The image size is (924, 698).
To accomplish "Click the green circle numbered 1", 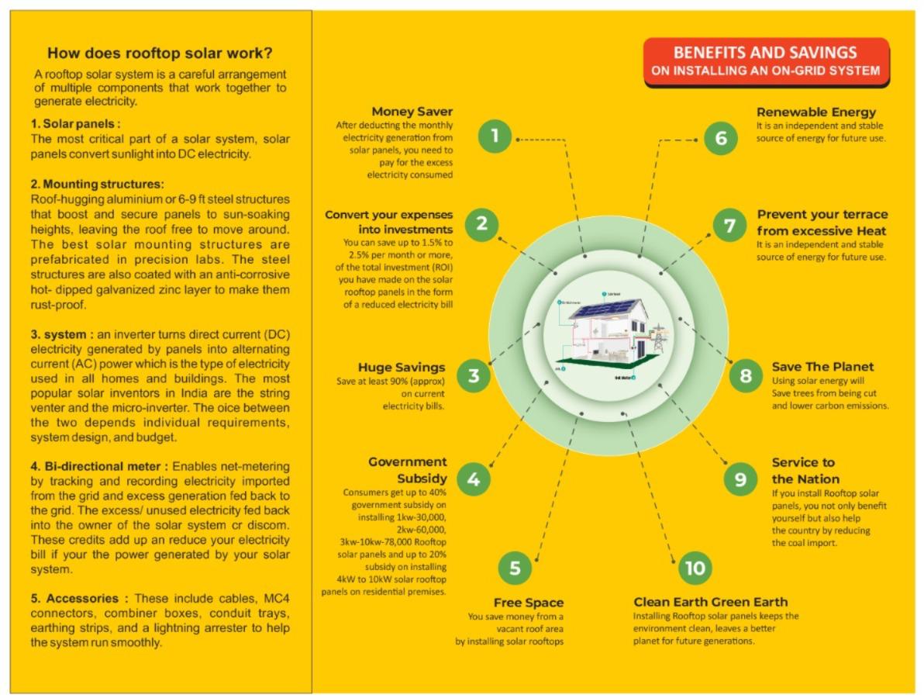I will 495,136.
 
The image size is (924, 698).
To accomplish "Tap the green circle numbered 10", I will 695,568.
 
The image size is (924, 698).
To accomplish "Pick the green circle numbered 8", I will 746,376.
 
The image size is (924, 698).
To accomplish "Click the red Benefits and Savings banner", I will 766,61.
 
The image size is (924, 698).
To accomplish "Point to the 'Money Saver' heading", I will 412,112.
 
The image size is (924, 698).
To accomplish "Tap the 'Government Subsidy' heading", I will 408,469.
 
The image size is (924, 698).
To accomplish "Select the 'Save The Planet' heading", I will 822,366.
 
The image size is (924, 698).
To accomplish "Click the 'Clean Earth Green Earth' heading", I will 710,602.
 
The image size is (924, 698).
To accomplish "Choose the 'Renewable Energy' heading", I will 816,112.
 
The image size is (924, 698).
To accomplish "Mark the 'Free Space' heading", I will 529,603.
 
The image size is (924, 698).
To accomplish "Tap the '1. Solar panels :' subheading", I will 76,124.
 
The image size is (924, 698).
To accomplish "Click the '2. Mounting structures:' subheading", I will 97,185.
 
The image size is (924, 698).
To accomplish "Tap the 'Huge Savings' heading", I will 402,367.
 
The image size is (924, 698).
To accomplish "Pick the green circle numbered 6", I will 721,138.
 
